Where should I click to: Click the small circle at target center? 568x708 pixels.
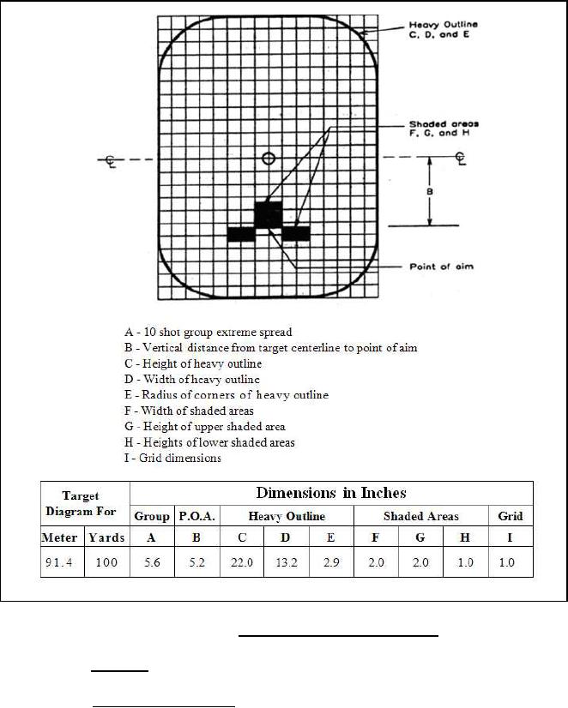[x=269, y=158]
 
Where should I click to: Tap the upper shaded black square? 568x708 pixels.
[x=268, y=213]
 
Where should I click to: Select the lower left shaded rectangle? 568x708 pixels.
[x=241, y=234]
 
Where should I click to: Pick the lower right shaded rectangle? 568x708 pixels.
[x=296, y=233]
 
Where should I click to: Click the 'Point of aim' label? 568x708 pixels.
[x=441, y=267]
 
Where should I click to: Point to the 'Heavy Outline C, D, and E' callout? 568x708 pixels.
[x=444, y=30]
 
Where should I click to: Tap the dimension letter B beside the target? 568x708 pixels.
[x=430, y=192]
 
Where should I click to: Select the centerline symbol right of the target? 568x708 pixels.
[x=461, y=159]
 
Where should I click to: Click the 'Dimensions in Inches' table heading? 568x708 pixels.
[x=331, y=493]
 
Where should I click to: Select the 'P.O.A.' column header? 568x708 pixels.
[x=196, y=516]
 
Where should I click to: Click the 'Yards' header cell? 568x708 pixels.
[x=106, y=538]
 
